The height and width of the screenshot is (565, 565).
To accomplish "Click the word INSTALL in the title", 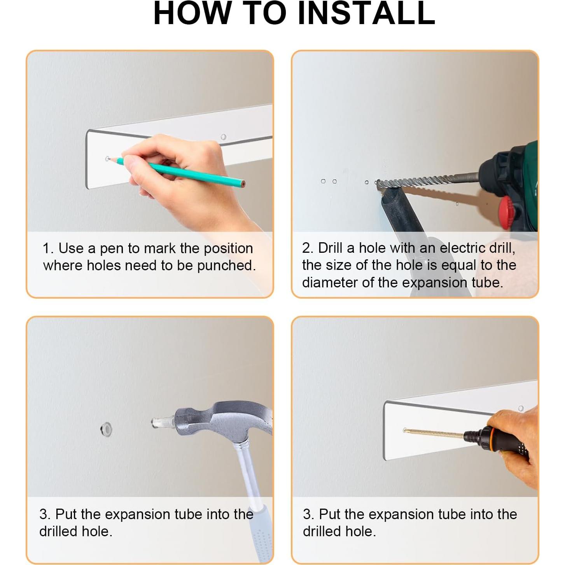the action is click(366, 14).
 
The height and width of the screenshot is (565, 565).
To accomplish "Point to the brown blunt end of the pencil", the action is click(243, 184).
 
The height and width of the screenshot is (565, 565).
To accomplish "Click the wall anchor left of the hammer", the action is click(107, 429).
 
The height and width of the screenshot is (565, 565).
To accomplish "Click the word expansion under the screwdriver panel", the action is click(417, 514).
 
